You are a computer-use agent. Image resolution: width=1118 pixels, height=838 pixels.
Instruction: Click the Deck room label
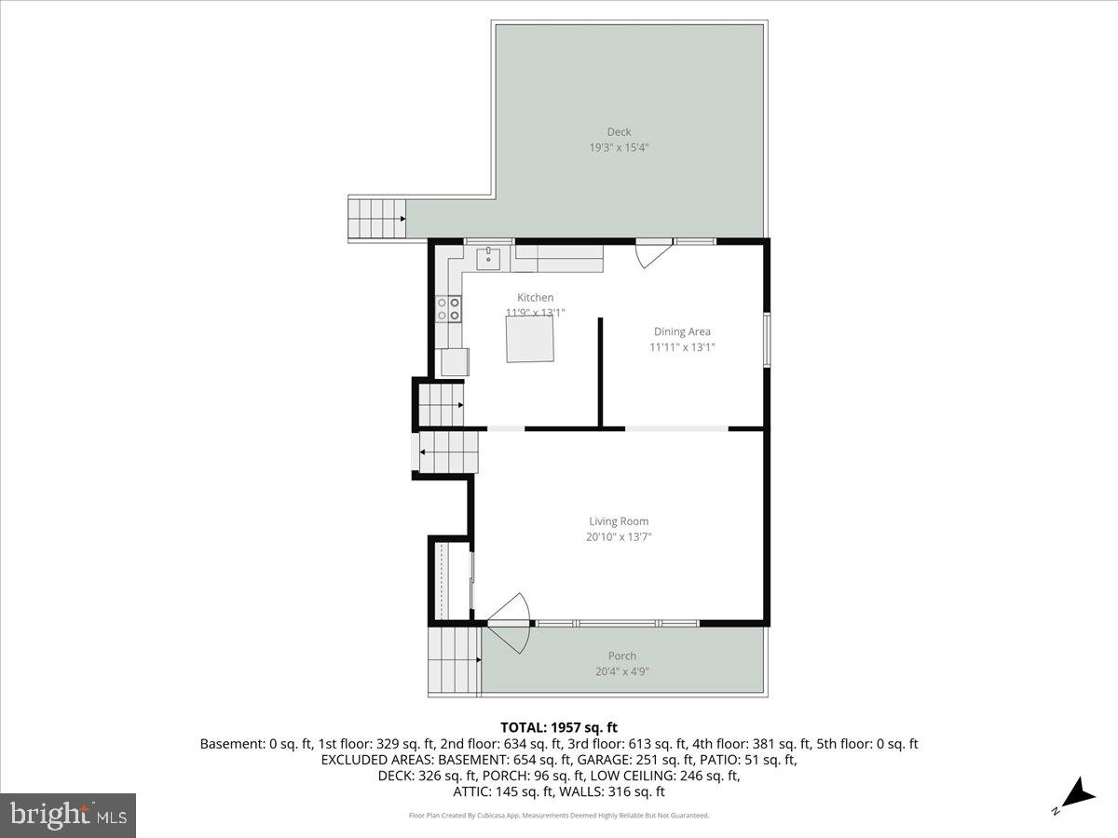pos(619,131)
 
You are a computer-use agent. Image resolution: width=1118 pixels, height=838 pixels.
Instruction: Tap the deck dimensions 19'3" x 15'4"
pos(619,147)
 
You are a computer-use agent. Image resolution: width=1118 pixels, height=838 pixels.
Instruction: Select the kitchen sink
pos(488,257)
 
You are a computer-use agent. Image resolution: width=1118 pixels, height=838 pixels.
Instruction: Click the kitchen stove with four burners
pos(448,308)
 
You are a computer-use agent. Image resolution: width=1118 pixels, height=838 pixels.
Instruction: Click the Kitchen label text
pos(536,298)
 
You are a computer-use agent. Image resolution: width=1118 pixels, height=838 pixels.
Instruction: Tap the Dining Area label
pos(682,331)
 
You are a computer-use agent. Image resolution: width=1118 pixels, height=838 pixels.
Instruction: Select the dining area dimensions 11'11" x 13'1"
pos(682,347)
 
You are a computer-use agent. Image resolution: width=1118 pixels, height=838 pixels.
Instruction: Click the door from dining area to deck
pos(653,253)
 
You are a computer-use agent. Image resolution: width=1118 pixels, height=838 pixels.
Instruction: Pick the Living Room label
pos(619,521)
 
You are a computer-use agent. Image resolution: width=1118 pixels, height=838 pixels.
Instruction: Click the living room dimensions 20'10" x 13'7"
pos(619,536)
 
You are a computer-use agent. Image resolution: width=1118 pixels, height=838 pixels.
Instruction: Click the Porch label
pos(622,656)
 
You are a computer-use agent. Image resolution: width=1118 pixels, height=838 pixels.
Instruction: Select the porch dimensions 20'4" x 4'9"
pos(622,670)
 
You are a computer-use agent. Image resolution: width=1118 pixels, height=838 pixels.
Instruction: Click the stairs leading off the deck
pos(376,218)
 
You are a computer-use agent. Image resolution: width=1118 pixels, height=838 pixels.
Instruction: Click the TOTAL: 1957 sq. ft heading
pos(559,727)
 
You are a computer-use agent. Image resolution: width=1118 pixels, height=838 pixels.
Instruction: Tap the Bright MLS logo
pos(68,816)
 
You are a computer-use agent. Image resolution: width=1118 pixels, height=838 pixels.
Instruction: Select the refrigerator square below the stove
pos(455,361)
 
